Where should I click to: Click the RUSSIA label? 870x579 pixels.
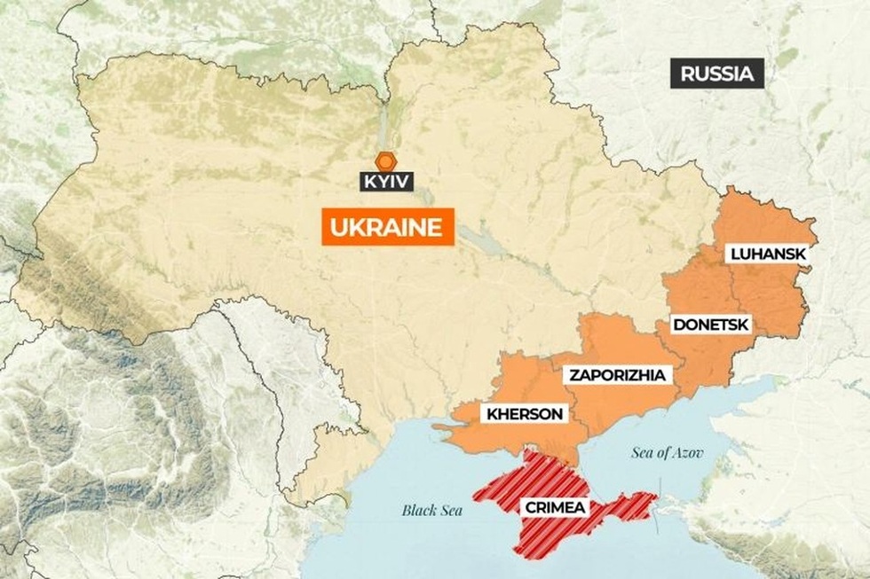click(x=716, y=74)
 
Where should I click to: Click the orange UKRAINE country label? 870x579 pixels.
click(x=386, y=227)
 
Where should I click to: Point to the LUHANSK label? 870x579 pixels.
click(x=768, y=254)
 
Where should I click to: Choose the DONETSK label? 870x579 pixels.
click(x=710, y=325)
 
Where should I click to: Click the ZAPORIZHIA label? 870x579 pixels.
click(x=617, y=375)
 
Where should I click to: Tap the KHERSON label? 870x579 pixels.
click(x=523, y=414)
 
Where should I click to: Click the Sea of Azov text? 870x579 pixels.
click(x=668, y=453)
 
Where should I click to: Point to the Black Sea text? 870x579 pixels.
click(x=432, y=510)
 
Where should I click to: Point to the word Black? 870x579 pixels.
click(x=418, y=510)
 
